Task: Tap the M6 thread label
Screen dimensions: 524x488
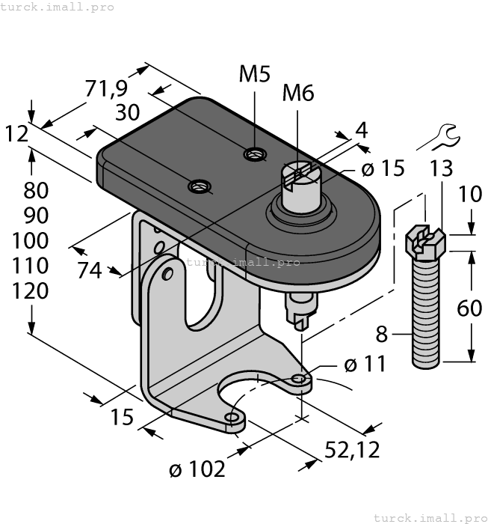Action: [297, 94]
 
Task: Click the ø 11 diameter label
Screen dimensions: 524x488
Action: [365, 365]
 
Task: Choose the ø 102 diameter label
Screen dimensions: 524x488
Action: [197, 469]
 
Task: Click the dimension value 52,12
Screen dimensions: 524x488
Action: [352, 449]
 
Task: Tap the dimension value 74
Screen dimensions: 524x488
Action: [90, 271]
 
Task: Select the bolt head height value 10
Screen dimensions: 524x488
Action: [469, 195]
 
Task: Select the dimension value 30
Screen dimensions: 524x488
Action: [128, 112]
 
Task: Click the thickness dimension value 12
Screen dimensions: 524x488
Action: [16, 134]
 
